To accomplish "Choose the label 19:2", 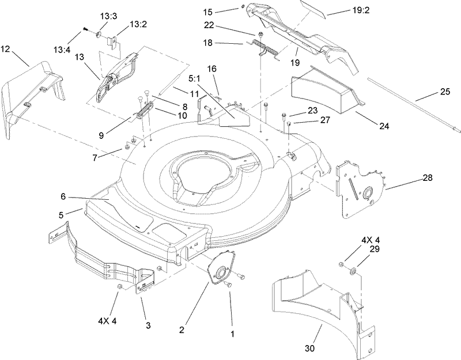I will [358, 11].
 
